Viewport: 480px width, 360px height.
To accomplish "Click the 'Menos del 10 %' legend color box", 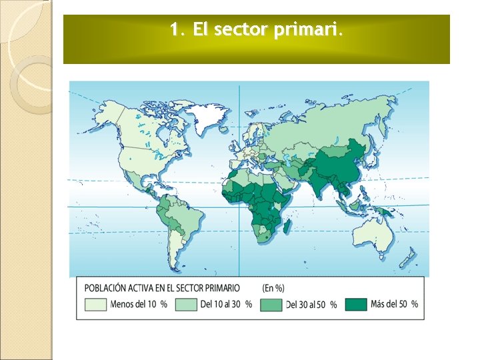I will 95,304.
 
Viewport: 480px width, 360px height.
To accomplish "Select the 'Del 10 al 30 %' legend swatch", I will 186,304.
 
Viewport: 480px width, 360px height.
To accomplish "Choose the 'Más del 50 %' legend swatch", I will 355,304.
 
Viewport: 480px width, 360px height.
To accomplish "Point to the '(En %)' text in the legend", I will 273,288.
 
